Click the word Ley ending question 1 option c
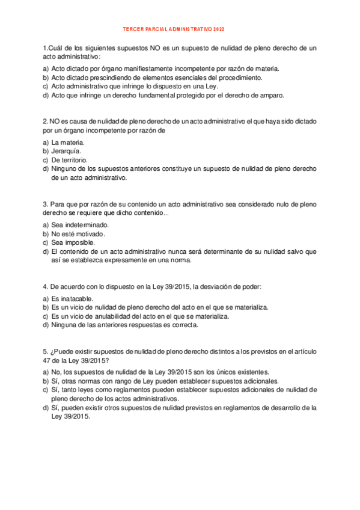point(214,86)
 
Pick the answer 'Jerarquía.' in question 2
point(67,151)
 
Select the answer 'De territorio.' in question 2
point(70,160)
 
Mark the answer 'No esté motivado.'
point(78,233)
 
